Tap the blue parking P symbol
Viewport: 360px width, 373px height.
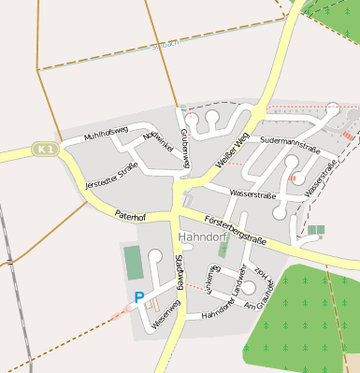pos(139,297)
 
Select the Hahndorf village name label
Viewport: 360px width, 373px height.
pos(202,236)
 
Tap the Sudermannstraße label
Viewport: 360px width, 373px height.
pos(291,141)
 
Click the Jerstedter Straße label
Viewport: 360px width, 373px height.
pos(111,175)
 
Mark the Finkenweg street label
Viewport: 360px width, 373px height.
pos(210,280)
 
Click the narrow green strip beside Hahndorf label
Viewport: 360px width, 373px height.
pos(223,245)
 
